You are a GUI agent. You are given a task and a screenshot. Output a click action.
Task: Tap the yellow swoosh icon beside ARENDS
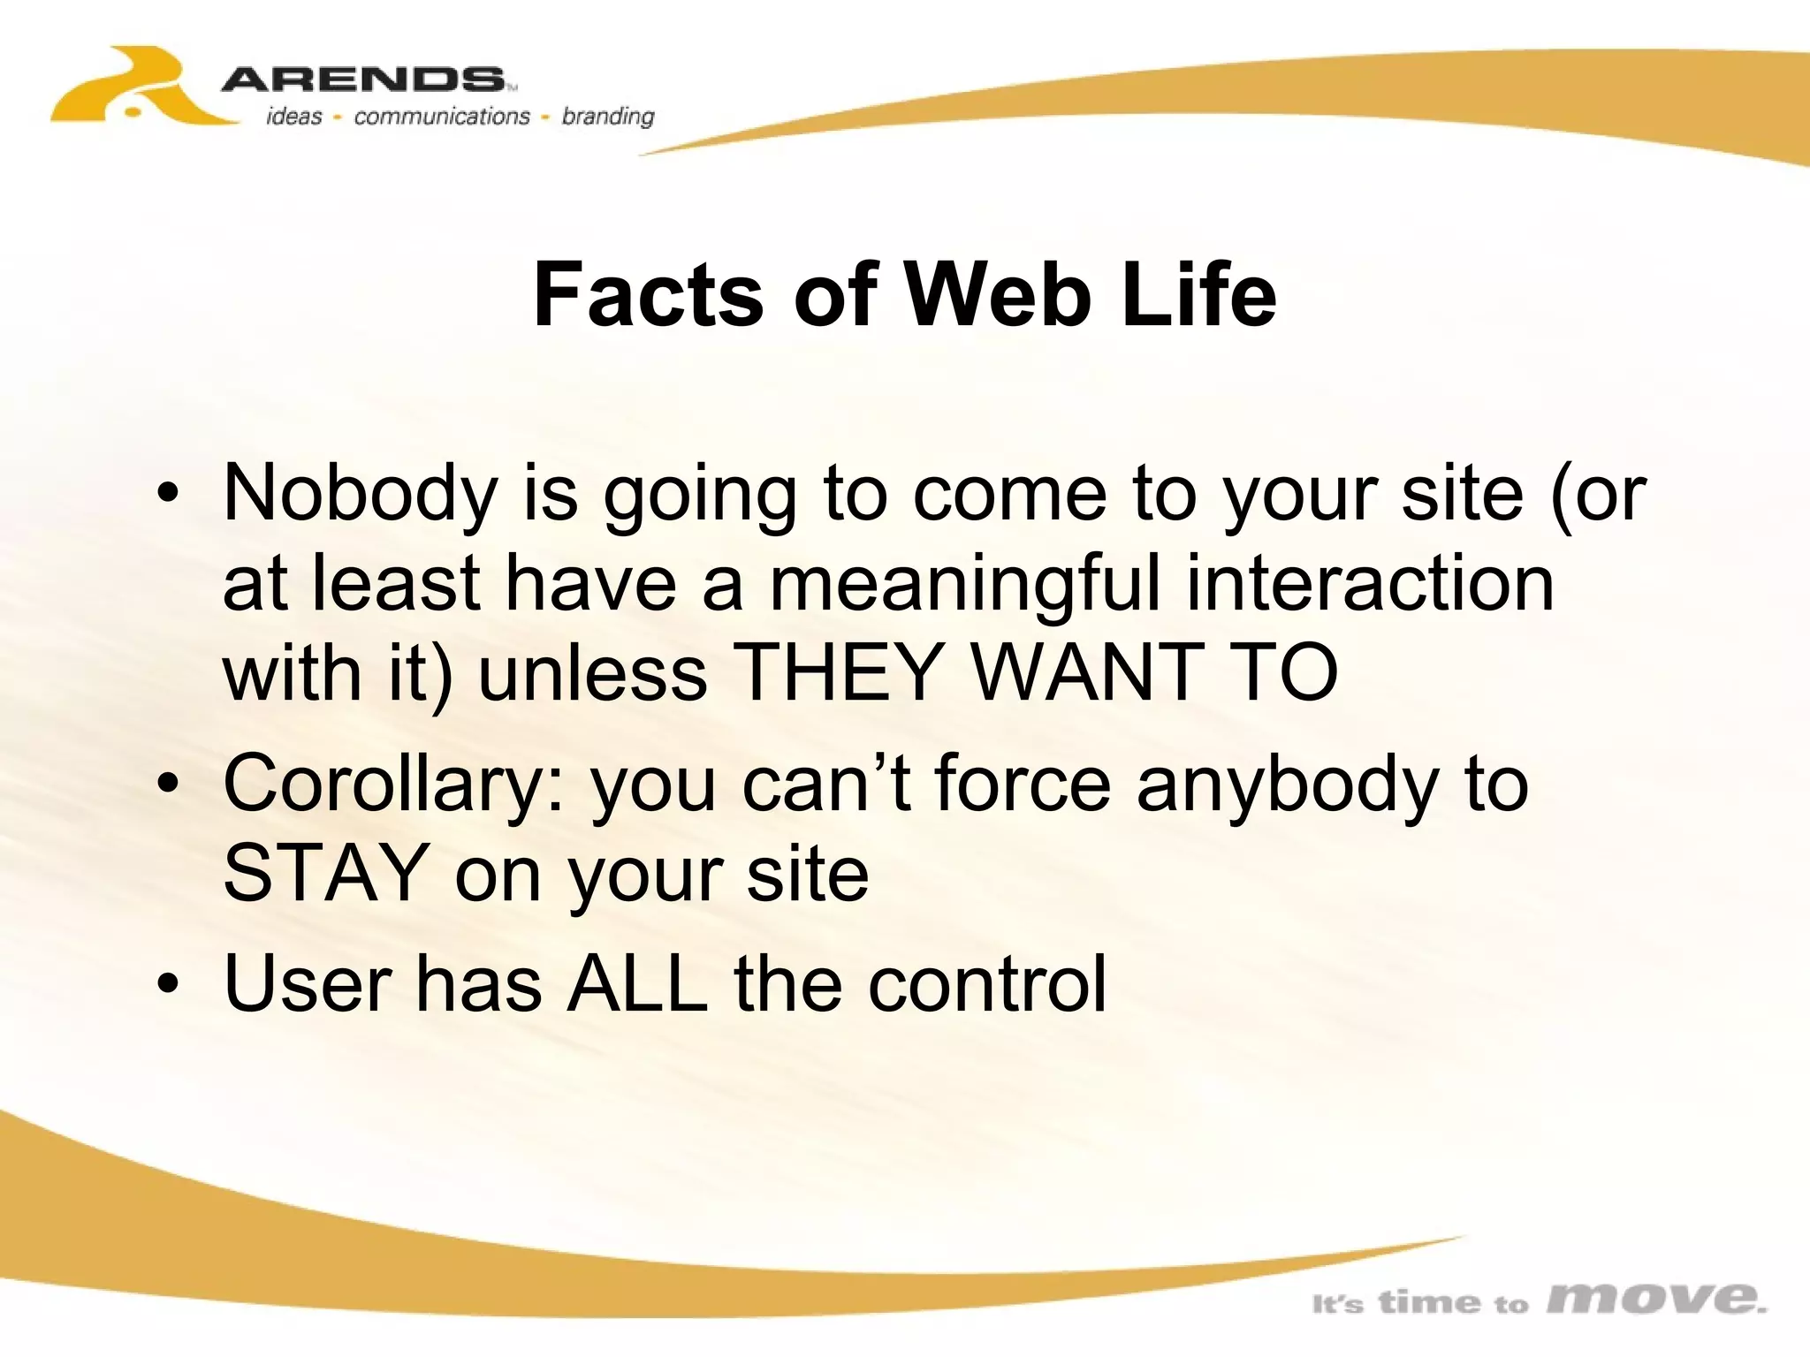click(x=133, y=88)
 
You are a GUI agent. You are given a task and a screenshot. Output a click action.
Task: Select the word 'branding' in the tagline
click(x=608, y=117)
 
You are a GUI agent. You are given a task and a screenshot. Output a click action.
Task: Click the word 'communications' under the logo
click(x=441, y=117)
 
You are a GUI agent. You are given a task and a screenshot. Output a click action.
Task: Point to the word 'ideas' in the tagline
click(x=294, y=117)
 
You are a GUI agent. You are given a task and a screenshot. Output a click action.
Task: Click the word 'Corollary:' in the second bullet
click(x=394, y=785)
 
